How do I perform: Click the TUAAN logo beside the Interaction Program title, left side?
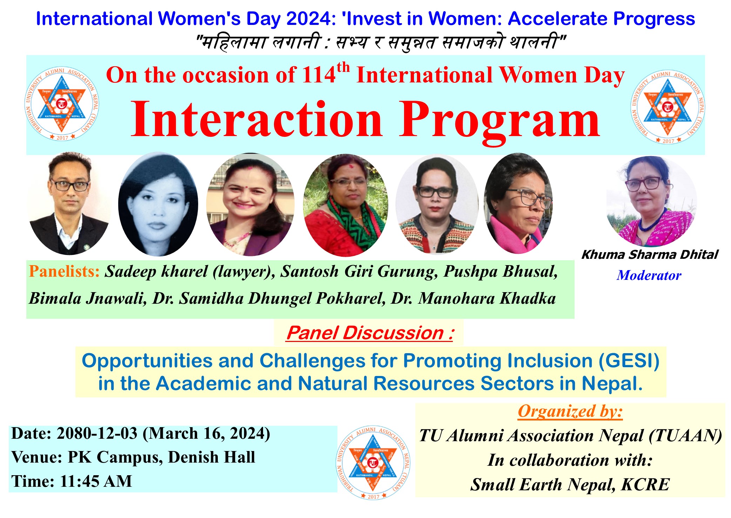(62, 104)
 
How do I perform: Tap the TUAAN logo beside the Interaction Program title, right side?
(668, 107)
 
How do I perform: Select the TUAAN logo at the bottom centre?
(373, 463)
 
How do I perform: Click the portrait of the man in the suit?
(69, 203)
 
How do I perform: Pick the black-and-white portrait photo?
(158, 204)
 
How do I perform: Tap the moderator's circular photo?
(651, 201)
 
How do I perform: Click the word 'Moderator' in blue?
(649, 275)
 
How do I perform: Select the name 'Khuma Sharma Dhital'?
(650, 255)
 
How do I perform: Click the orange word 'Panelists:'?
(64, 271)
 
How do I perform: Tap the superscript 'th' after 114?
(343, 67)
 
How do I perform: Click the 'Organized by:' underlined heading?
(570, 411)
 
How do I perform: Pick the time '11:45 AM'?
(96, 481)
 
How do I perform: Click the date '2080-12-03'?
(97, 434)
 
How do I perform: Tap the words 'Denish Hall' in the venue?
(212, 457)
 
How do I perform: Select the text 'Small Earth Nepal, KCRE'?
(570, 485)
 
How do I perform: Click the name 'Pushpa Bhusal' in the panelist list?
(501, 271)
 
